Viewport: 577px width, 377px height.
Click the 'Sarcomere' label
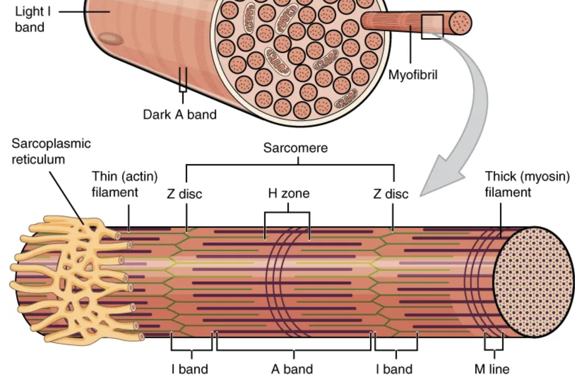pos(295,148)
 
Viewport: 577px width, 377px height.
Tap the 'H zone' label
pos(288,193)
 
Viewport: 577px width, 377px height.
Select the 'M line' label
pos(492,369)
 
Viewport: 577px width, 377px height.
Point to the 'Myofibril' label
pos(412,75)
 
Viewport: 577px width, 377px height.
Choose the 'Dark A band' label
pos(179,114)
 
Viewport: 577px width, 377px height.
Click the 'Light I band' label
pos(32,19)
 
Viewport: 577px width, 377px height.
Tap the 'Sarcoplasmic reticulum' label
pos(51,151)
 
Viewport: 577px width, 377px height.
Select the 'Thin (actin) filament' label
pos(124,184)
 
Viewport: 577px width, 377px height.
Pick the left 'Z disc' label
pos(184,194)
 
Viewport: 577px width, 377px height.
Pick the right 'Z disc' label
pos(391,194)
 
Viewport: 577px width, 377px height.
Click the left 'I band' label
pos(190,369)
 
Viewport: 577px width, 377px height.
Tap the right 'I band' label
pos(394,369)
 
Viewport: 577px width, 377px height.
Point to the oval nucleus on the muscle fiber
pos(111,39)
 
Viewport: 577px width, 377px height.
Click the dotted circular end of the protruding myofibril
pos(460,23)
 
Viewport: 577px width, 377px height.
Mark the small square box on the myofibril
pos(432,27)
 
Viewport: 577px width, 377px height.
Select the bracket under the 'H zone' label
pos(287,213)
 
